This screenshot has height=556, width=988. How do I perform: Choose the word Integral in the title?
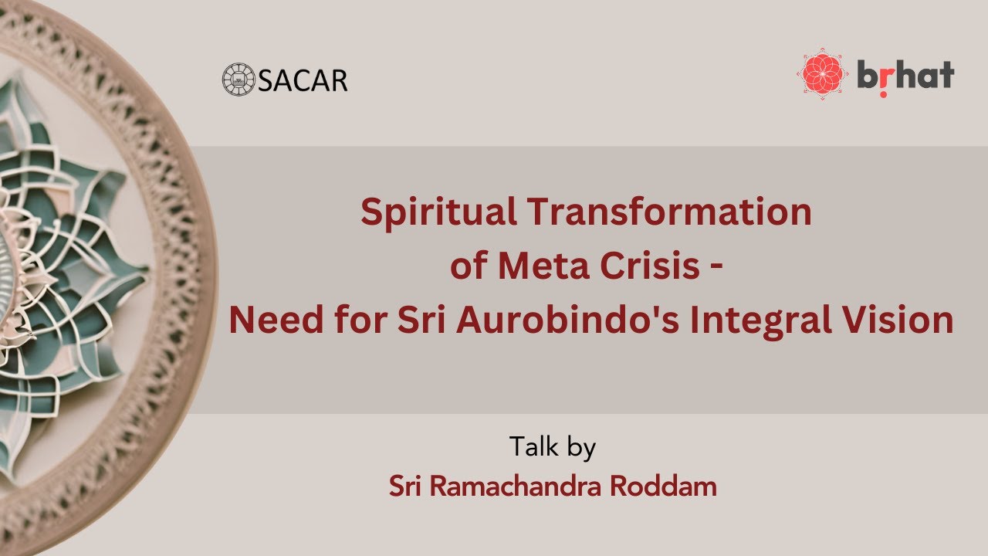pyautogui.click(x=760, y=320)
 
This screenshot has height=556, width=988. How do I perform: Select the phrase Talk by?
pyautogui.click(x=552, y=447)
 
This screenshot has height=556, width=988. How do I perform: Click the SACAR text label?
pyautogui.click(x=303, y=80)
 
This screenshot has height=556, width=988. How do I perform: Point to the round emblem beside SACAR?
pyautogui.click(x=239, y=79)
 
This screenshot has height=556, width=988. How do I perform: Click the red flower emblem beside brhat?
pyautogui.click(x=824, y=75)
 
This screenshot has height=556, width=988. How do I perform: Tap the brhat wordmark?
pyautogui.click(x=905, y=76)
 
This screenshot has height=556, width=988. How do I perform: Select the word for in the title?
pyautogui.click(x=356, y=320)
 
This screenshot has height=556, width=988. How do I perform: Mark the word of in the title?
pyautogui.click(x=469, y=266)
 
